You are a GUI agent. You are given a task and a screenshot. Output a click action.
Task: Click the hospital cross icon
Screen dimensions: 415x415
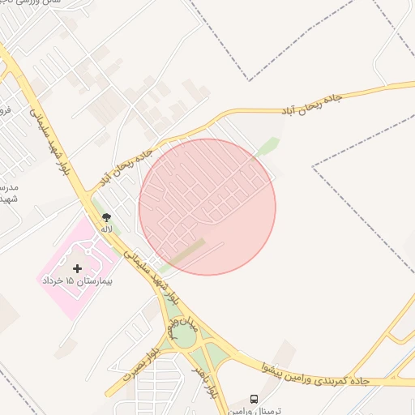pyautogui.click(x=77, y=268)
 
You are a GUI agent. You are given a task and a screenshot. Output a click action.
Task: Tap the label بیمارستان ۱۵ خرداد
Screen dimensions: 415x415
pyautogui.click(x=77, y=281)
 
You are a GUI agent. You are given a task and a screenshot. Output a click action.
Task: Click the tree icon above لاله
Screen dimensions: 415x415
pyautogui.click(x=106, y=217)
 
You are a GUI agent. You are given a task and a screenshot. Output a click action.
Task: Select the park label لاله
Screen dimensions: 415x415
pyautogui.click(x=106, y=229)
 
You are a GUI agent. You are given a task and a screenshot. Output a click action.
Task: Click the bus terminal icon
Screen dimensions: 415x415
pyautogui.click(x=254, y=400)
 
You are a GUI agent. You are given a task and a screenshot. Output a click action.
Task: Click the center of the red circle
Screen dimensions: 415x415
pyautogui.click(x=207, y=207)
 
